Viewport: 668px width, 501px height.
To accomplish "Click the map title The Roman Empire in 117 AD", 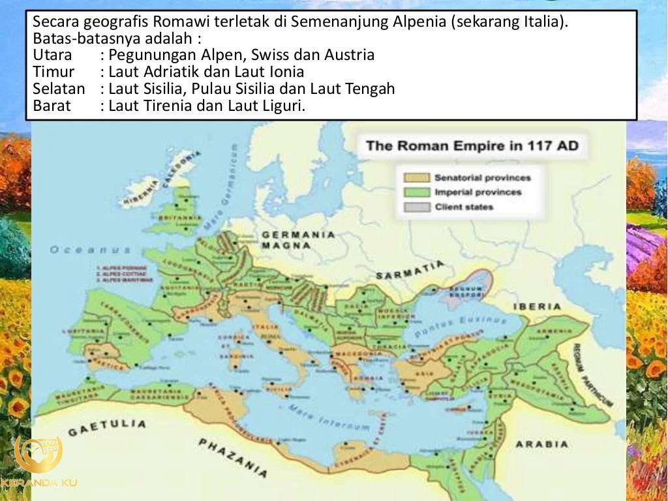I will coord(472,145).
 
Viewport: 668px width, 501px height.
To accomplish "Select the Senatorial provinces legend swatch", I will coord(416,177).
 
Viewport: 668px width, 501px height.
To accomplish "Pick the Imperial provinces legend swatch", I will coord(416,192).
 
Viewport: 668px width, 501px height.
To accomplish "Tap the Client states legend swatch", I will coord(416,207).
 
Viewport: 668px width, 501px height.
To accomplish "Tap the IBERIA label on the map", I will coord(537,306).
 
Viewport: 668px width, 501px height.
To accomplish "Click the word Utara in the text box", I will coord(52,55).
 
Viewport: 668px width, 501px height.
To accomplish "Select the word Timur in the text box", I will coord(53,72).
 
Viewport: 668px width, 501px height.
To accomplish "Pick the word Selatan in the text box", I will coord(59,89).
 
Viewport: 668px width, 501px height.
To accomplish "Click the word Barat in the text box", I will coord(52,106).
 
